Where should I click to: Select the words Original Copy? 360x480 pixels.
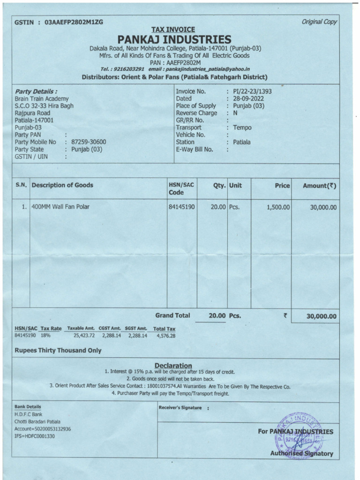pyautogui.click(x=320, y=22)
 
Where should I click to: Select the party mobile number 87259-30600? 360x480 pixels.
pyautogui.click(x=89, y=142)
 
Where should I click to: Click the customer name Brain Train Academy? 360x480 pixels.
pyautogui.click(x=42, y=98)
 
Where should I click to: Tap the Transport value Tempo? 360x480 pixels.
pyautogui.click(x=242, y=127)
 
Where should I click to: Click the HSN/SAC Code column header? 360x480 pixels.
pyautogui.click(x=180, y=189)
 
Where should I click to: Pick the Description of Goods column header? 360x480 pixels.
pyautogui.click(x=62, y=185)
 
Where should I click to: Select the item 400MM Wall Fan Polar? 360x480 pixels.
pyautogui.click(x=60, y=206)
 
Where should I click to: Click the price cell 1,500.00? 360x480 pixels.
pyautogui.click(x=278, y=207)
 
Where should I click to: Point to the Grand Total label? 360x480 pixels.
pyautogui.click(x=172, y=315)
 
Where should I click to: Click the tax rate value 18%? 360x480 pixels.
pyautogui.click(x=45, y=336)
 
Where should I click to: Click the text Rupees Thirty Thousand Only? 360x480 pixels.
pyautogui.click(x=58, y=350)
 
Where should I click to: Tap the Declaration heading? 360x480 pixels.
pyautogui.click(x=173, y=365)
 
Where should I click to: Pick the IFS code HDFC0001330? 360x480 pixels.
pyautogui.click(x=40, y=436)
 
